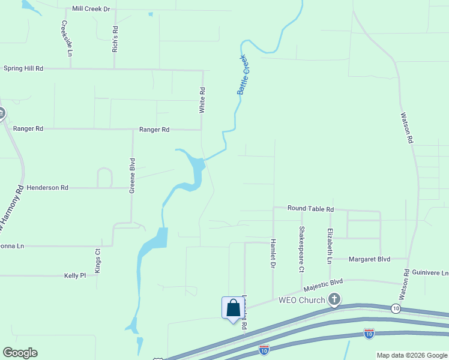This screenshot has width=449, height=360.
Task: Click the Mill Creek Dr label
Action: coord(91,9)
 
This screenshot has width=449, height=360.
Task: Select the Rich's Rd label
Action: coord(115,38)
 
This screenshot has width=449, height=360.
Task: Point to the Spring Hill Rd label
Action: coord(23,68)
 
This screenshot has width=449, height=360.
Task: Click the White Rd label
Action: coord(202,100)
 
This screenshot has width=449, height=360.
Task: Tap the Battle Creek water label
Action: coord(243,74)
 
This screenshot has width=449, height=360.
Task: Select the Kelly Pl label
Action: coord(75,275)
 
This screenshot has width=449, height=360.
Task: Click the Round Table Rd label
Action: coord(310,208)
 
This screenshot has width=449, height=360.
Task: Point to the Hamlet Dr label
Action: coord(273,252)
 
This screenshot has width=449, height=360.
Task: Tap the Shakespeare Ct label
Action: coord(302,249)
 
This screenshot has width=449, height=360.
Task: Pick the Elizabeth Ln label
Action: coord(330,246)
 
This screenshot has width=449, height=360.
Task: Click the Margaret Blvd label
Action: coord(370,259)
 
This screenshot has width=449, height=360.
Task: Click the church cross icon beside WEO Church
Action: coord(334,299)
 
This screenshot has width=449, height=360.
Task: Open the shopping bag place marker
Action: coord(233,308)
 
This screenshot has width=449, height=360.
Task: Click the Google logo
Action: coord(20,353)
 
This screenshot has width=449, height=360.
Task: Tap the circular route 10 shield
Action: coord(395,308)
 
